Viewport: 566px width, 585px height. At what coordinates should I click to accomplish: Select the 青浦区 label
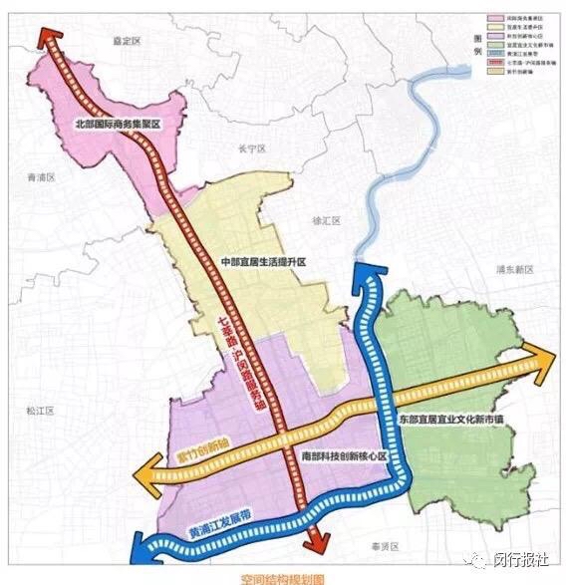(39, 175)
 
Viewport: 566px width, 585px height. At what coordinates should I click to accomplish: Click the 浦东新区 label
(516, 270)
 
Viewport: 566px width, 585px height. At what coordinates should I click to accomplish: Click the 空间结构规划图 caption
(283, 578)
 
